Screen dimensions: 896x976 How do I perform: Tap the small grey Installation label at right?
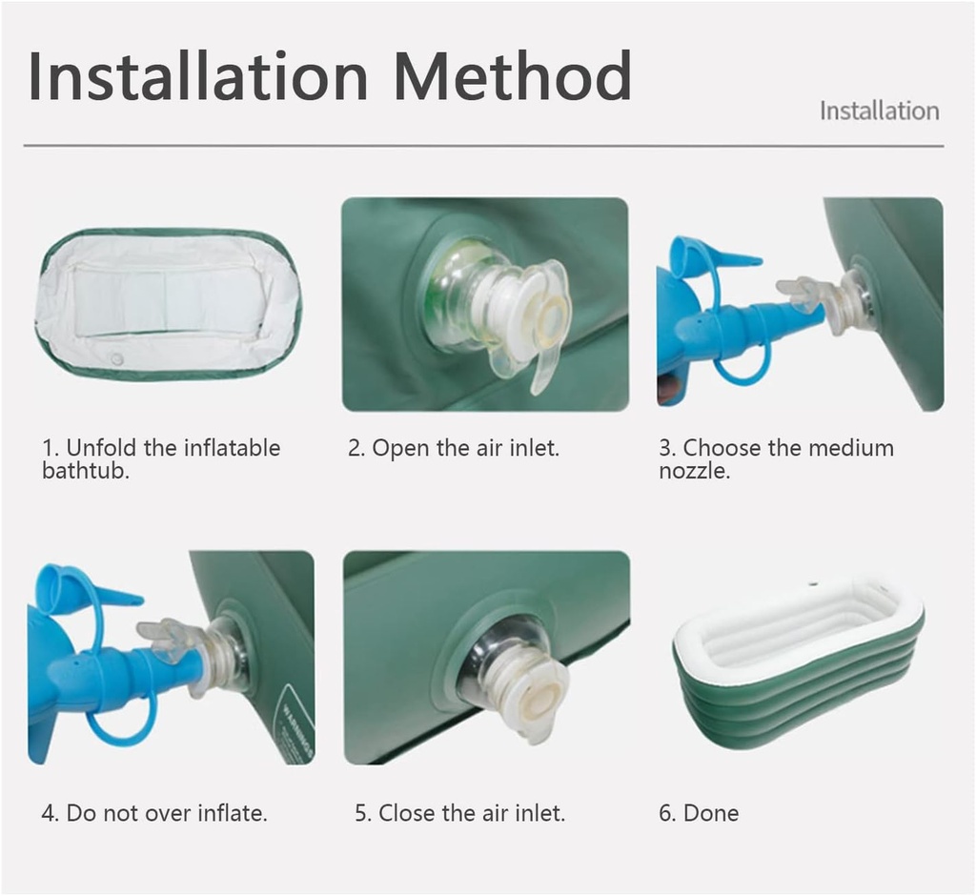click(879, 111)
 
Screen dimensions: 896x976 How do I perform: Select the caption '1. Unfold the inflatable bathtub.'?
click(161, 458)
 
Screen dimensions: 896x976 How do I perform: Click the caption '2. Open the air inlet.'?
click(453, 448)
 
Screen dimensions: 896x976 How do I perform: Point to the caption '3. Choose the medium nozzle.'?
click(776, 458)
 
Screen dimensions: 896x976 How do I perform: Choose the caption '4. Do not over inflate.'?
click(154, 813)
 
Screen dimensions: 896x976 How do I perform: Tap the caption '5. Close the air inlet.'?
click(459, 813)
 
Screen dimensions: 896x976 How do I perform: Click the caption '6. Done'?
click(699, 813)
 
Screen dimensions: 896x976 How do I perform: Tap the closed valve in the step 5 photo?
click(515, 677)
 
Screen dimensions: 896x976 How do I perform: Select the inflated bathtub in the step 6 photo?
click(799, 658)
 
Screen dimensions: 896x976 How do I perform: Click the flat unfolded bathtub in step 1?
click(168, 303)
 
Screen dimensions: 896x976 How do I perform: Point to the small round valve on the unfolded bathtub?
click(116, 360)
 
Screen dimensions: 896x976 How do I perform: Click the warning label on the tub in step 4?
click(295, 729)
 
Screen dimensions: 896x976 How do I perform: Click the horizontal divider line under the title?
click(483, 146)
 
